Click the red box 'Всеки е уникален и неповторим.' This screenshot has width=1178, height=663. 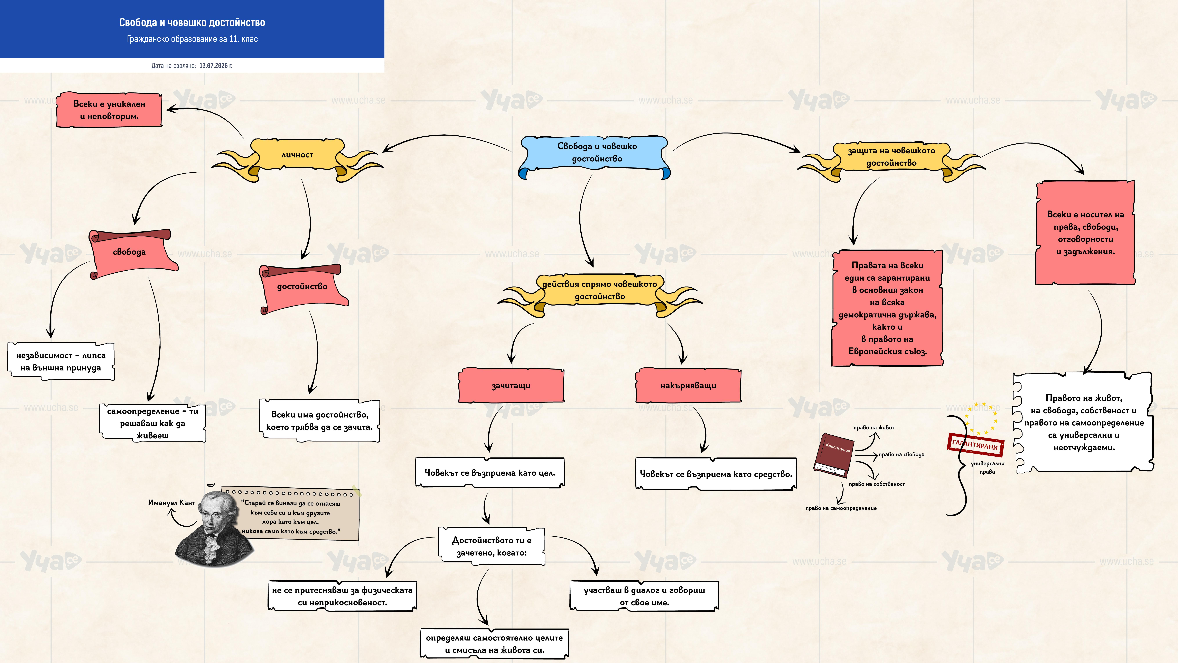(x=109, y=110)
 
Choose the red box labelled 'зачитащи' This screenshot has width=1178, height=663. (x=511, y=385)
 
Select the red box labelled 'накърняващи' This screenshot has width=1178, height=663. (x=688, y=385)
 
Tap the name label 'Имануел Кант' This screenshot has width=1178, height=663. (x=171, y=502)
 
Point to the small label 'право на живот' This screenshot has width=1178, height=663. (x=873, y=427)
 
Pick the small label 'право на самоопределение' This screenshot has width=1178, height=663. (x=841, y=508)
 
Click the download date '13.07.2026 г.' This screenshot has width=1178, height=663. (x=216, y=65)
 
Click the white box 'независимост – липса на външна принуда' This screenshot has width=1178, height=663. (x=61, y=361)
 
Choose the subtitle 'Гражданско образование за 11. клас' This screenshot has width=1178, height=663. (x=192, y=39)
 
